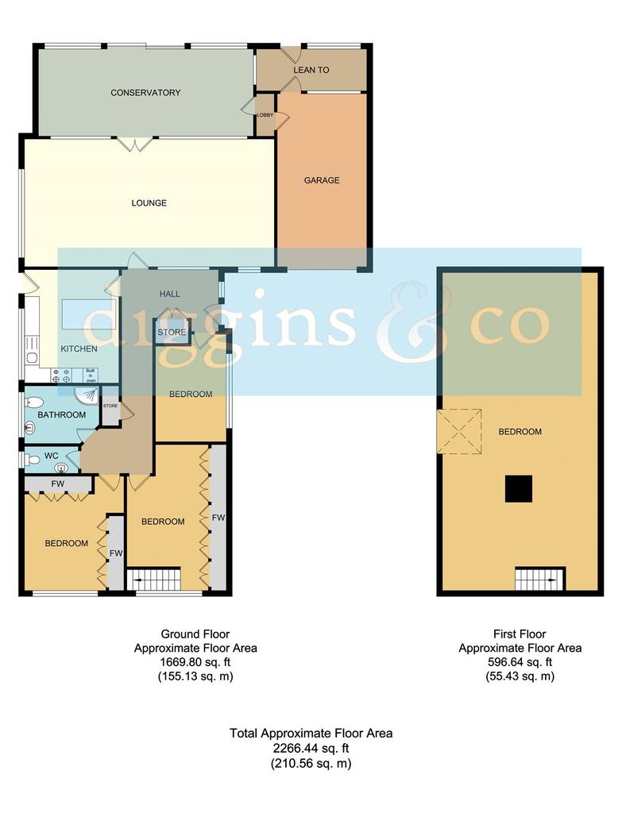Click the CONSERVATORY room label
145,92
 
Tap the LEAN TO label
311,70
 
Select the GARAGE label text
322,180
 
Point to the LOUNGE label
149,202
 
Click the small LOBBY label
265,114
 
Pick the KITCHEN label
79,349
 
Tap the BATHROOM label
62,414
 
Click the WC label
52,456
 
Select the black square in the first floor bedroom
519,489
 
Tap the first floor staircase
540,579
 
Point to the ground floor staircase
154,579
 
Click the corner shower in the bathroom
87,395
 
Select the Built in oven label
91,376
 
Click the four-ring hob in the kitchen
61,376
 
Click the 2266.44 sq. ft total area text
311,748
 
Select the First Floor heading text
520,634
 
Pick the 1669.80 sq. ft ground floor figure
195,662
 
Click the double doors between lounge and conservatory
133,144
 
